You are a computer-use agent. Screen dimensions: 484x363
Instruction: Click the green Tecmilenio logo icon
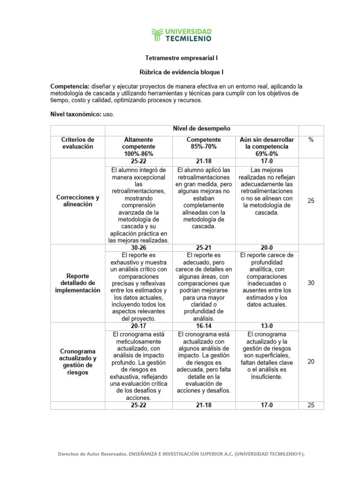coord(157,34)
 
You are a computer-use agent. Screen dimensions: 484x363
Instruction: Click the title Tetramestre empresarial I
coord(181,58)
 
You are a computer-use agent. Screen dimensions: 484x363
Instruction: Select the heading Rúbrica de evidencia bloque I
coord(181,72)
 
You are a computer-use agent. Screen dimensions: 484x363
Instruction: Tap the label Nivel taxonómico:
coord(78,114)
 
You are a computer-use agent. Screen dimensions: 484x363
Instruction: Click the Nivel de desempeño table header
coord(201,129)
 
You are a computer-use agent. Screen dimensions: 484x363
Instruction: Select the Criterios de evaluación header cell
coord(78,143)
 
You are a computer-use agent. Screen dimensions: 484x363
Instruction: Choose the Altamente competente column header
coord(138,147)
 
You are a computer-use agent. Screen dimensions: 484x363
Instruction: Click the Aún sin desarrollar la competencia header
coord(267,147)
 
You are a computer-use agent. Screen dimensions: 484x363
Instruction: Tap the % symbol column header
coord(311,140)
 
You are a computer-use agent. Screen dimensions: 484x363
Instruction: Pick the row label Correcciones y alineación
coord(78,201)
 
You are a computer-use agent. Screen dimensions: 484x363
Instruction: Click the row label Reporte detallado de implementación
coord(78,283)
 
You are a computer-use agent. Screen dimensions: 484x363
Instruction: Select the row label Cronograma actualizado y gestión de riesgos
coord(78,362)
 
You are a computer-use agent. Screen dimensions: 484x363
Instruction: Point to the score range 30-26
coord(138,247)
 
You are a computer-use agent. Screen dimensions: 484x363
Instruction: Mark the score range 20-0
coord(267,247)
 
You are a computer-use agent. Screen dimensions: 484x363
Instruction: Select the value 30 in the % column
coord(311,283)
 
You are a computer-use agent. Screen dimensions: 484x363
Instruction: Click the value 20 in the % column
coord(311,362)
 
